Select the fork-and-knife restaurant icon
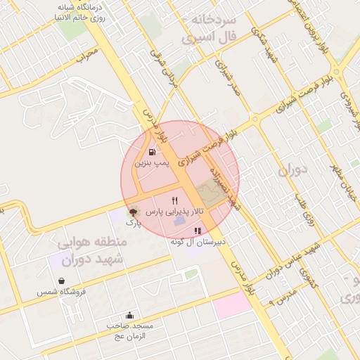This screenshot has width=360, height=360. coord(165,200)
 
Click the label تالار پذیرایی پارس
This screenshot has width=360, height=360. coord(178,211)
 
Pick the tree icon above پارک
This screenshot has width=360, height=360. coord(133,211)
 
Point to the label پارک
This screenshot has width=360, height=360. coord(134,222)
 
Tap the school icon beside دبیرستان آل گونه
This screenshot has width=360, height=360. coord(198,230)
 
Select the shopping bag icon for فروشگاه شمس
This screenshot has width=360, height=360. coord(63,281)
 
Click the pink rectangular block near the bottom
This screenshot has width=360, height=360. coord(233,304)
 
